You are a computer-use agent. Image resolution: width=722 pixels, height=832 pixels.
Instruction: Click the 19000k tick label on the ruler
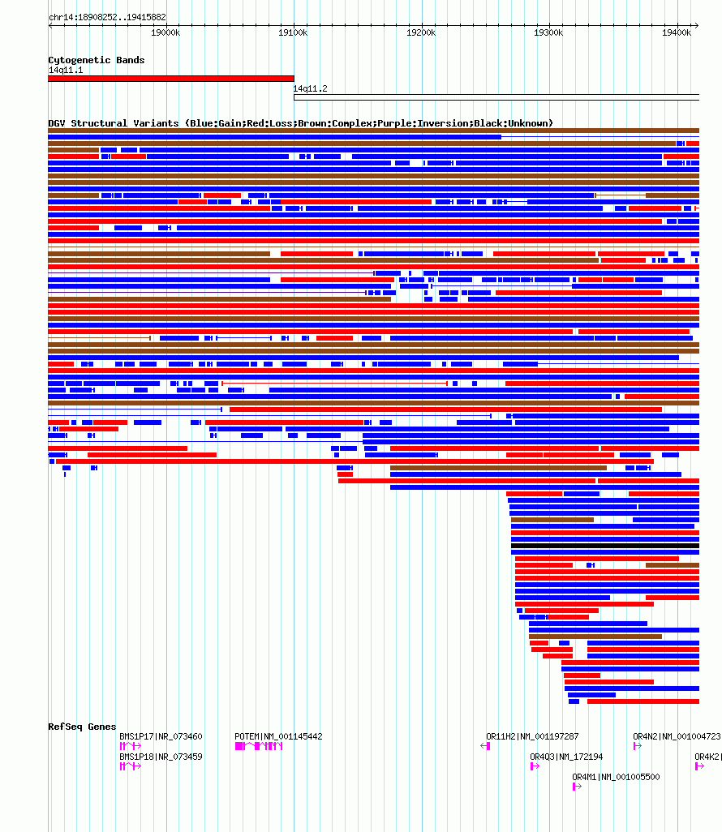click(x=165, y=33)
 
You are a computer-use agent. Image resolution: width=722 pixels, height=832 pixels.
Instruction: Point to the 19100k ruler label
click(x=293, y=33)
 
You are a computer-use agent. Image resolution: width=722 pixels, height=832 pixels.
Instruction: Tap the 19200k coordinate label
click(x=421, y=33)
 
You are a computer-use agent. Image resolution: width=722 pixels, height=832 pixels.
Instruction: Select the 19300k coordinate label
click(x=548, y=33)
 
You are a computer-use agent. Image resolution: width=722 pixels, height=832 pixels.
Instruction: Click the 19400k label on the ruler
click(x=677, y=33)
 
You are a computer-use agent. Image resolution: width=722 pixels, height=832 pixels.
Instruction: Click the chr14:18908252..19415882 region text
click(x=107, y=18)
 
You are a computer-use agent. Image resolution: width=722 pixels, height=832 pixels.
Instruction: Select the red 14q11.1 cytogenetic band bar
click(x=171, y=79)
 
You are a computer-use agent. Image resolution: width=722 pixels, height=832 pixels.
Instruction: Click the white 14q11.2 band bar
click(x=496, y=97)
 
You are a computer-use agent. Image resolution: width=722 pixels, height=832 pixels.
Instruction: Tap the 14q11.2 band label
click(x=311, y=88)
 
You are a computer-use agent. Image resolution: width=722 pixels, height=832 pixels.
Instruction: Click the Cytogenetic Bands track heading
click(x=97, y=60)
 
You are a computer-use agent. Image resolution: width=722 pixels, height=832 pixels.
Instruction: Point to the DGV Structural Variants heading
click(x=300, y=123)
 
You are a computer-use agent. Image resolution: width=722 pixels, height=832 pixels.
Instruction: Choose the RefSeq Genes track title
click(x=82, y=727)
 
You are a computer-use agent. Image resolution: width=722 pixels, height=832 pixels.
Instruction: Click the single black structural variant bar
click(x=605, y=546)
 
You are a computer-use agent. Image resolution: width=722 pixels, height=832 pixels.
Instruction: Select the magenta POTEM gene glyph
click(x=259, y=747)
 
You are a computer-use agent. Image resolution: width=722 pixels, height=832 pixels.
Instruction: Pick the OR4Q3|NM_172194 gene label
click(x=566, y=757)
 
